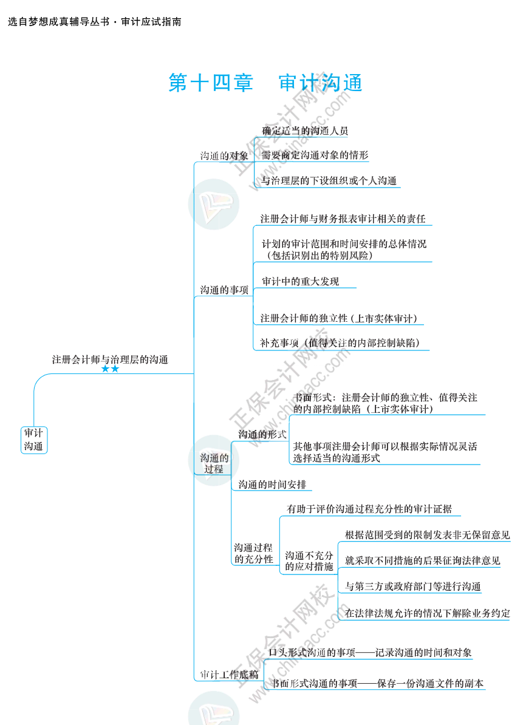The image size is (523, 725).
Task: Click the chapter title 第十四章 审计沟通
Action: click(265, 83)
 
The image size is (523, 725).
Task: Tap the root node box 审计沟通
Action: click(33, 440)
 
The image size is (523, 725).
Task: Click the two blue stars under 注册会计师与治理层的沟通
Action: click(110, 369)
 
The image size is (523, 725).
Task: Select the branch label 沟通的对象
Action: click(224, 156)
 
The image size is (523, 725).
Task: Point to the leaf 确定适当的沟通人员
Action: click(305, 131)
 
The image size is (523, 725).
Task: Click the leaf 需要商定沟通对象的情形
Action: click(315, 155)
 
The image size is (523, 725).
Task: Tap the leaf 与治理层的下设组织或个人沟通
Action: click(329, 181)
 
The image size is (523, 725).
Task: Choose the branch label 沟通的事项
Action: click(224, 290)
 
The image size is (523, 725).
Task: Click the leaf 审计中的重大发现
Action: click(300, 282)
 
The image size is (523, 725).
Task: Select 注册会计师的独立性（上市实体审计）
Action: click(338, 318)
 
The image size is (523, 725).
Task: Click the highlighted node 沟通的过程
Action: click(214, 463)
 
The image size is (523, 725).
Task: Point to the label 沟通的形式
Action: click(262, 434)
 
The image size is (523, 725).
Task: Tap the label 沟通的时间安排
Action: click(272, 485)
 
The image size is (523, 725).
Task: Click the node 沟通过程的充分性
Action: click(253, 553)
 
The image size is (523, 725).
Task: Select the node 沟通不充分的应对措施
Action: click(309, 561)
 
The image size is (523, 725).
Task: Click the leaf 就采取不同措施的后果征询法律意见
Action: click(422, 560)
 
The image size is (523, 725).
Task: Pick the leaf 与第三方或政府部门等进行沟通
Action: click(412, 587)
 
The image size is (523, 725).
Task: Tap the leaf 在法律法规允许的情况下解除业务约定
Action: click(427, 613)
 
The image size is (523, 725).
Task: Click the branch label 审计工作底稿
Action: click(229, 675)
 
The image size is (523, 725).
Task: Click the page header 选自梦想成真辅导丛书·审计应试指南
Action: click(95, 22)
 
